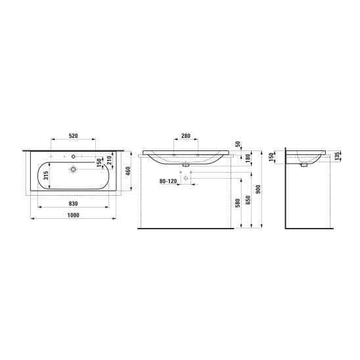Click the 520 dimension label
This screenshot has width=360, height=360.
tap(73, 136)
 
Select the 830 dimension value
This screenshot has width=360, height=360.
tap(73, 204)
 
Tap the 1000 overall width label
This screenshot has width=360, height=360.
tap(73, 215)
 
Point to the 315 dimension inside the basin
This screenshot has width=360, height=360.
tap(46, 175)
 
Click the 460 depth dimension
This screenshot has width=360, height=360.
tap(128, 171)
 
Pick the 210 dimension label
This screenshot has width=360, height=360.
tap(109, 160)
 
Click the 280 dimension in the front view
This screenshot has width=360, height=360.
tap(186, 136)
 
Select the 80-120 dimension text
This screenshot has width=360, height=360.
tap(168, 181)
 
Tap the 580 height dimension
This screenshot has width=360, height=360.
tap(238, 203)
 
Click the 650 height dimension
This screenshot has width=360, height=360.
tap(248, 200)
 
